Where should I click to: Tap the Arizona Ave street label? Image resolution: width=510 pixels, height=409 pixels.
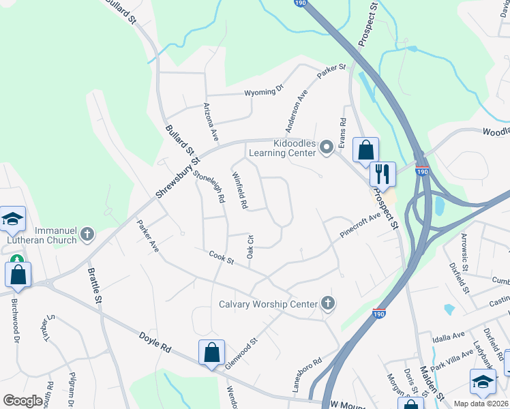210,122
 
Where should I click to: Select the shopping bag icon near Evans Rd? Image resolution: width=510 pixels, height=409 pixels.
365,150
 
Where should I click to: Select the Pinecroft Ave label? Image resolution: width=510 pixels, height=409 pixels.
360,226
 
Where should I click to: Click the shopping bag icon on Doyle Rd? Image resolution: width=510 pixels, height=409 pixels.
211,352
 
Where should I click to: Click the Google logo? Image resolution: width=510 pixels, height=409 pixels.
22,401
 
